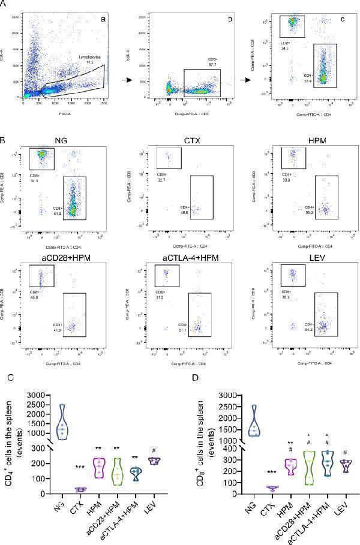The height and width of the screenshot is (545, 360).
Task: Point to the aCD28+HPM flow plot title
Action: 58,258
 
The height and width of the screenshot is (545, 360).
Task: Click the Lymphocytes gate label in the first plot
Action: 91,56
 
